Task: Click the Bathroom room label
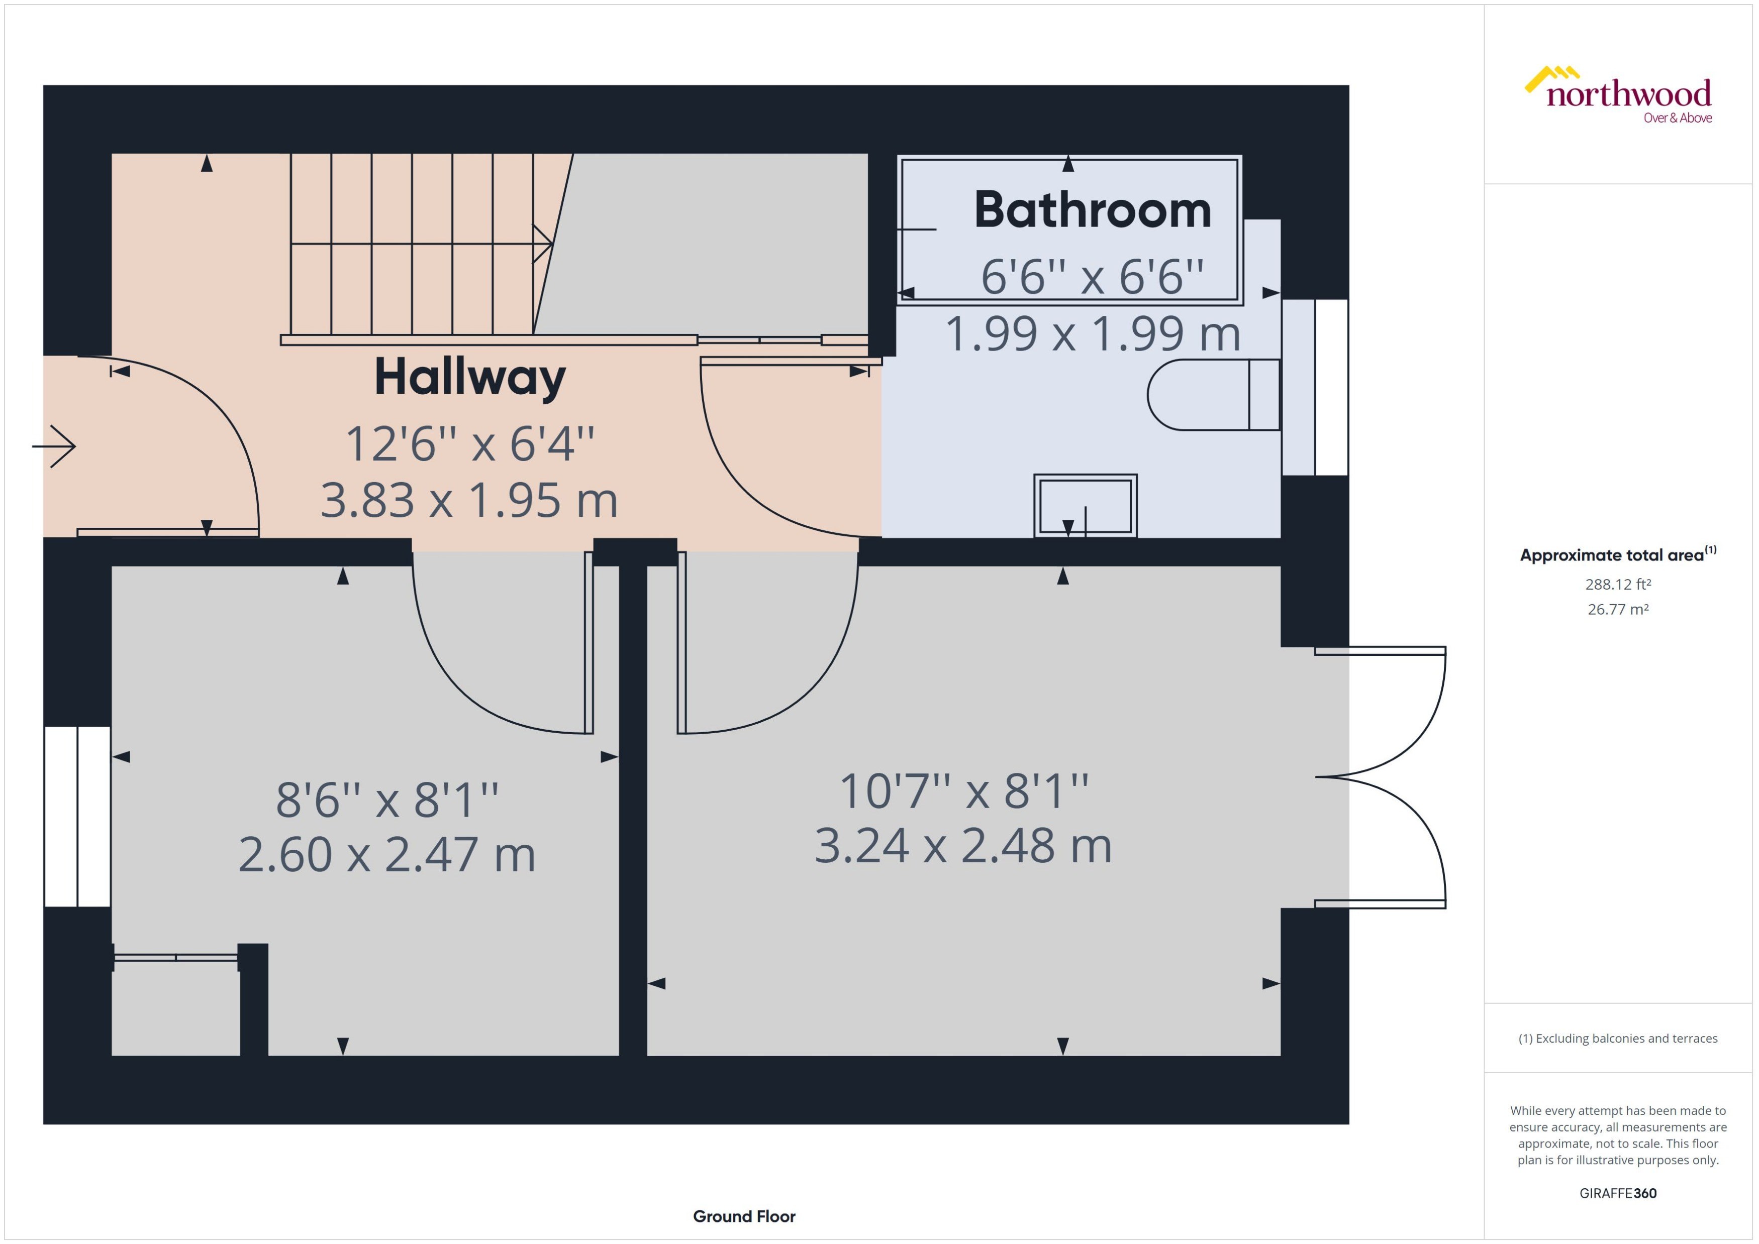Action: pos(1092,210)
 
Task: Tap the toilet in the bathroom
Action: pos(1213,395)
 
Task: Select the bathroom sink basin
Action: pos(1085,506)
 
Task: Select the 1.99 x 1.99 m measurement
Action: pos(1092,334)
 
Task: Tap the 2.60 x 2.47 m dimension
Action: pos(386,854)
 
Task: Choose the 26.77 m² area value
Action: pos(1617,610)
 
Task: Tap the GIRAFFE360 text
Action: pos(1617,1193)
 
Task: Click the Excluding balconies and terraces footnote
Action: pos(1617,1039)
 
